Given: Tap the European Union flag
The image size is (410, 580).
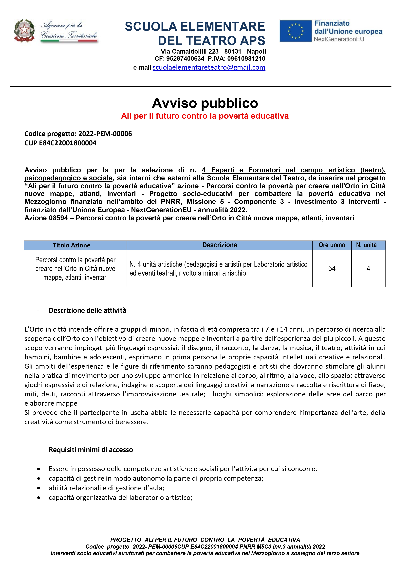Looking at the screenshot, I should coord(295,31).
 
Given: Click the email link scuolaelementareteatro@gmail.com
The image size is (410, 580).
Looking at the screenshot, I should coord(209,67).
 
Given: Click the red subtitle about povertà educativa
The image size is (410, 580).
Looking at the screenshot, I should coord(205,116).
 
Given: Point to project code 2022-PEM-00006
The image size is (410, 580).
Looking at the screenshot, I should coord(105,134).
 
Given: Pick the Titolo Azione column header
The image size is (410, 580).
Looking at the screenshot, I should coord(72,245).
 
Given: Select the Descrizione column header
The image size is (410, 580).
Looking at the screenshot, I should coord(220,245).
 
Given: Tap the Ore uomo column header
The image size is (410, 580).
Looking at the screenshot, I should coord(332,245).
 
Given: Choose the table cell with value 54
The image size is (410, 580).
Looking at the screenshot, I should coord(332,269).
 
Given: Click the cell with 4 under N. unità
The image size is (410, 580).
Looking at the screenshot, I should coord(368,269).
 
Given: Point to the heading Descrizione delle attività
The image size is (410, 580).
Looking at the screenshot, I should coord(87,310).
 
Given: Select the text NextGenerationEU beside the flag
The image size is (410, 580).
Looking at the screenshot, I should coord(339,39).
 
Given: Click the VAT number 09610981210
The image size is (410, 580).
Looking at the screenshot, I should coord(246,59).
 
